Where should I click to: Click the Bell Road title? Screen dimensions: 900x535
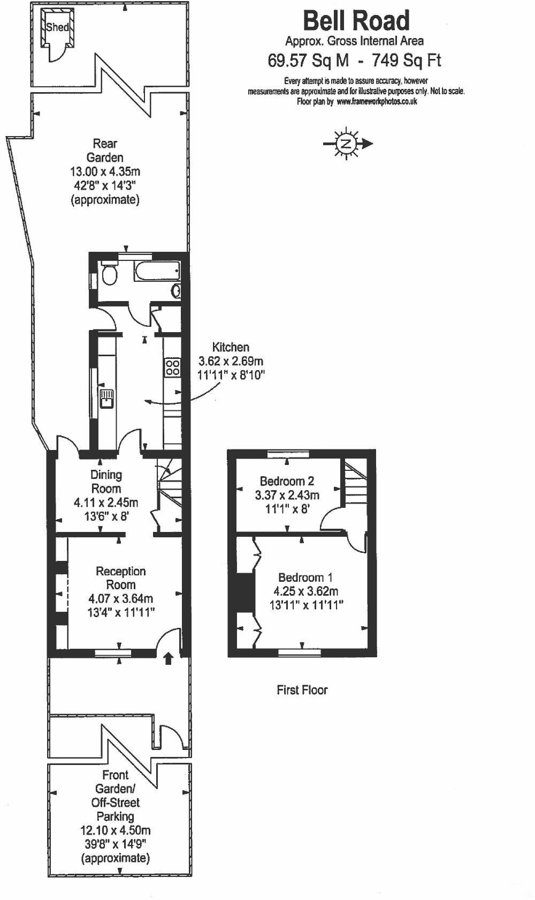[x=356, y=21]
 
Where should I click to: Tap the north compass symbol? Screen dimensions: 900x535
[x=347, y=144]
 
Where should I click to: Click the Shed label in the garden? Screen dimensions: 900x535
[x=57, y=27]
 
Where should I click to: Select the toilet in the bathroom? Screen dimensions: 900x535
[x=110, y=274]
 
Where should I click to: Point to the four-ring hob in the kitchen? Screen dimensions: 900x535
[x=172, y=367]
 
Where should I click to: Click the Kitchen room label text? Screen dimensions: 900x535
[x=231, y=347]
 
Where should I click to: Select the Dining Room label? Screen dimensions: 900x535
[x=106, y=482]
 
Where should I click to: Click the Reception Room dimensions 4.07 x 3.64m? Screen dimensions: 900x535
[x=120, y=598]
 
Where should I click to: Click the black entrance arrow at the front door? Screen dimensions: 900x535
[x=169, y=658]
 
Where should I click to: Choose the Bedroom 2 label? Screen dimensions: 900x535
[x=287, y=481]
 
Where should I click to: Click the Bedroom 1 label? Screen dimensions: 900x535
[x=305, y=577]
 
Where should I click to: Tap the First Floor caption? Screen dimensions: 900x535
[x=302, y=690]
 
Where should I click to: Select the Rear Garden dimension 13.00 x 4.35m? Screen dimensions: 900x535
[x=105, y=172]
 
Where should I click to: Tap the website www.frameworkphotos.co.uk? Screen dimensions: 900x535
[x=377, y=101]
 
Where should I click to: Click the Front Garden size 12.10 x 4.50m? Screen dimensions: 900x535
[x=115, y=830]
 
